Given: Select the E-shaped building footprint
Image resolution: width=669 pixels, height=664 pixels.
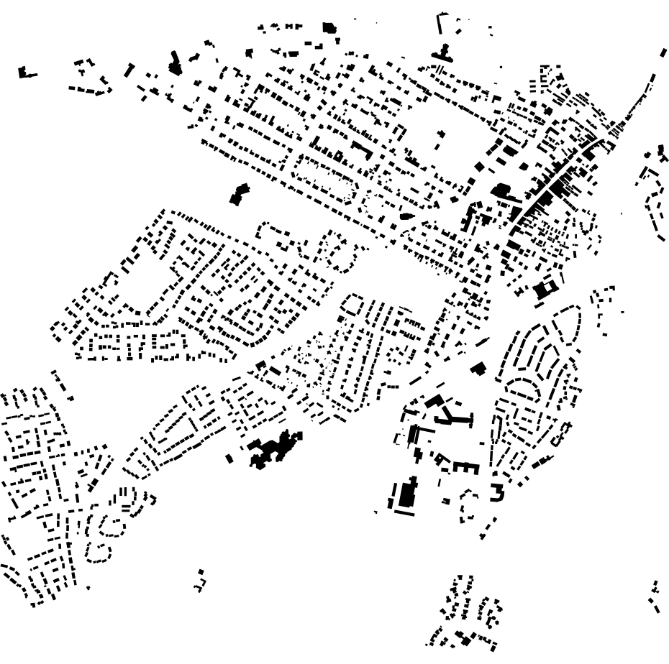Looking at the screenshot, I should coord(465,467).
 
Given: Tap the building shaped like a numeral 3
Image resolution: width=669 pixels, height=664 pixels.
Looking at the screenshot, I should coord(496,492).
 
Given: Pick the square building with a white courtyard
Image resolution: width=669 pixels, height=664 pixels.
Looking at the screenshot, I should coord(545,290).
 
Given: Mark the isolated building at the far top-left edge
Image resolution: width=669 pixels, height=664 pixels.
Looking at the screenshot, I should coord(26,72).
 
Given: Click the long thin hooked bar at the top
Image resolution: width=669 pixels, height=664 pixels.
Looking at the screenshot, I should coord(439,24).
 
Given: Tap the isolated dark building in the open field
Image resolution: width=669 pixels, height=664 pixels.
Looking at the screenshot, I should coord(239,193).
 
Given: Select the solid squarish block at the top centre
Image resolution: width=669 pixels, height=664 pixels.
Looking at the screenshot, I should coord(329,28).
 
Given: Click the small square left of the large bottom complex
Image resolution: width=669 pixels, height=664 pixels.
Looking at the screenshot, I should coord(230,458).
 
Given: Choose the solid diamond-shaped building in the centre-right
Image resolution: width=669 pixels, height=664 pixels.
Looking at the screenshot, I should coord(477,369).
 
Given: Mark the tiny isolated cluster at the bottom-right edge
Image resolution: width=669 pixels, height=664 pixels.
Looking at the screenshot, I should coord(655,596).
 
